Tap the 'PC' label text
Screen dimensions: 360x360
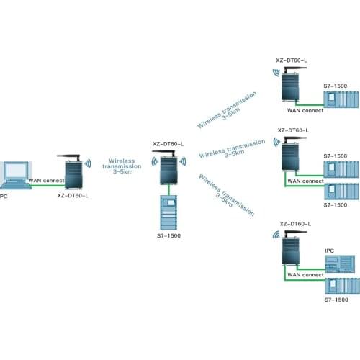point(4,195)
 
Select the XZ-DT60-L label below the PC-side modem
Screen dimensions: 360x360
point(73,195)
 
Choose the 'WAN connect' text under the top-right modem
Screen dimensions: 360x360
point(305,110)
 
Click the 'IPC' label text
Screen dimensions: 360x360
point(329,250)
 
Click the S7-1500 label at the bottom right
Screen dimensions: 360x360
point(336,298)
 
